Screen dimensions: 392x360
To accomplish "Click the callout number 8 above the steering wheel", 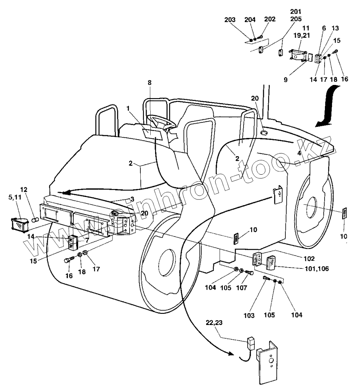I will coord(150,83).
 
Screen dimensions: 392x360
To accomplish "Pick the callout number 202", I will coord(270,19).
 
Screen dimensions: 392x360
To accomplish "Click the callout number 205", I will coord(296,18).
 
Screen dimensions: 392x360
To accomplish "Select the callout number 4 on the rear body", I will coord(298,153).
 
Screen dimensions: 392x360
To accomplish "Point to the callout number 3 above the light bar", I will coord(132,198).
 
